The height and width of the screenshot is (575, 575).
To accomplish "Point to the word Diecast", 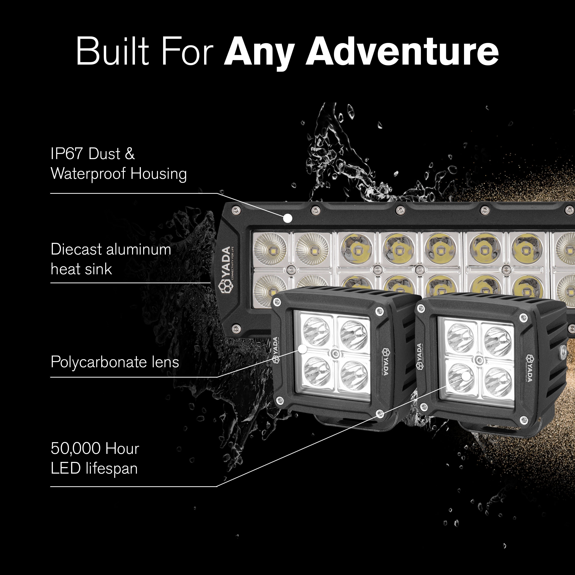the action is (76, 249).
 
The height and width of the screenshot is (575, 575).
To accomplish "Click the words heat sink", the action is (81, 269).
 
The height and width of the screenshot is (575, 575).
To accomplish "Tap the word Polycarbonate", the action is (98, 362).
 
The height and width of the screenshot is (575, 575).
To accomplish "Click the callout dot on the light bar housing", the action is (287, 218).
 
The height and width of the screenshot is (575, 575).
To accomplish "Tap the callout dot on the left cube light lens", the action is (302, 349).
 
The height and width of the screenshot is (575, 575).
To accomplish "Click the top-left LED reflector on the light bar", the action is (270, 249).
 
